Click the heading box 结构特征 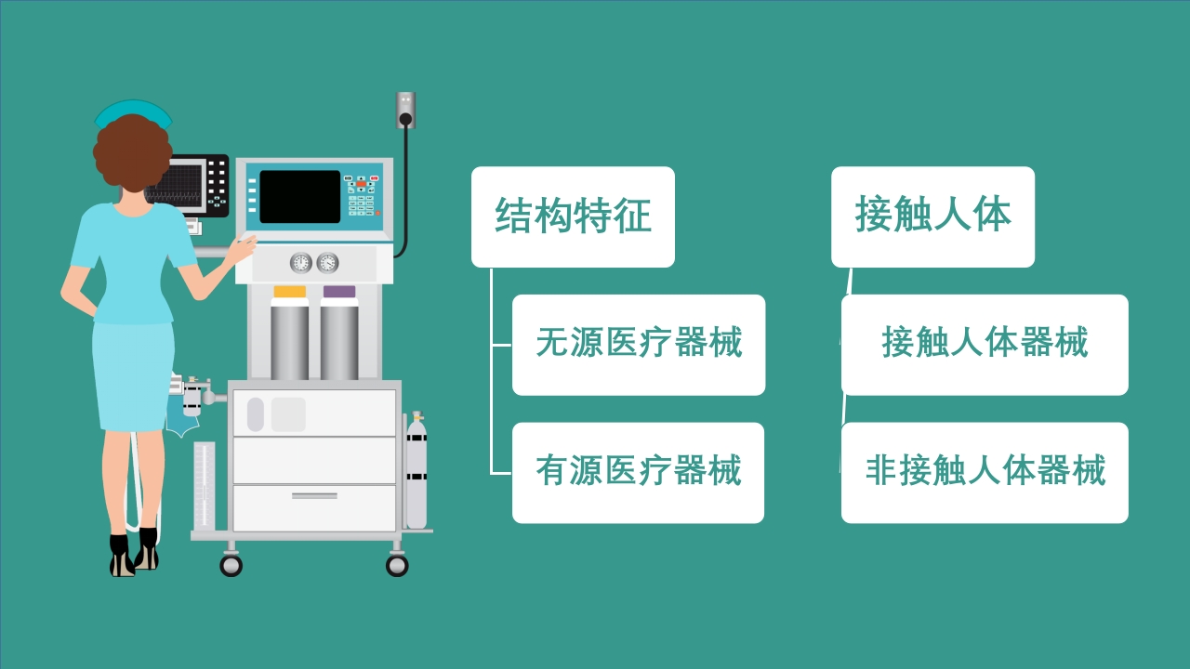pyautogui.click(x=573, y=216)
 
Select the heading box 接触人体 pyautogui.click(x=932, y=216)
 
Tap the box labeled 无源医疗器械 pyautogui.click(x=639, y=345)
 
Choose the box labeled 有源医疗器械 pyautogui.click(x=638, y=472)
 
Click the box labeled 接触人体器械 pyautogui.click(x=985, y=345)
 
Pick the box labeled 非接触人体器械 pyautogui.click(x=985, y=472)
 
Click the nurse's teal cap pyautogui.click(x=133, y=112)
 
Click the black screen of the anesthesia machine pyautogui.click(x=299, y=197)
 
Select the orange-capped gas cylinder pyautogui.click(x=289, y=336)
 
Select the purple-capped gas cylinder pyautogui.click(x=339, y=336)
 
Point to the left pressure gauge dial pyautogui.click(x=301, y=263)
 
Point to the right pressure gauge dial pyautogui.click(x=327, y=263)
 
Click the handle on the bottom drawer pyautogui.click(x=314, y=496)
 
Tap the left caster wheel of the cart pyautogui.click(x=231, y=564)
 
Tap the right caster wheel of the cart pyautogui.click(x=397, y=564)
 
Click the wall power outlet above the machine pyautogui.click(x=405, y=110)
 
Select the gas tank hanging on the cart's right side pyautogui.click(x=416, y=474)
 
